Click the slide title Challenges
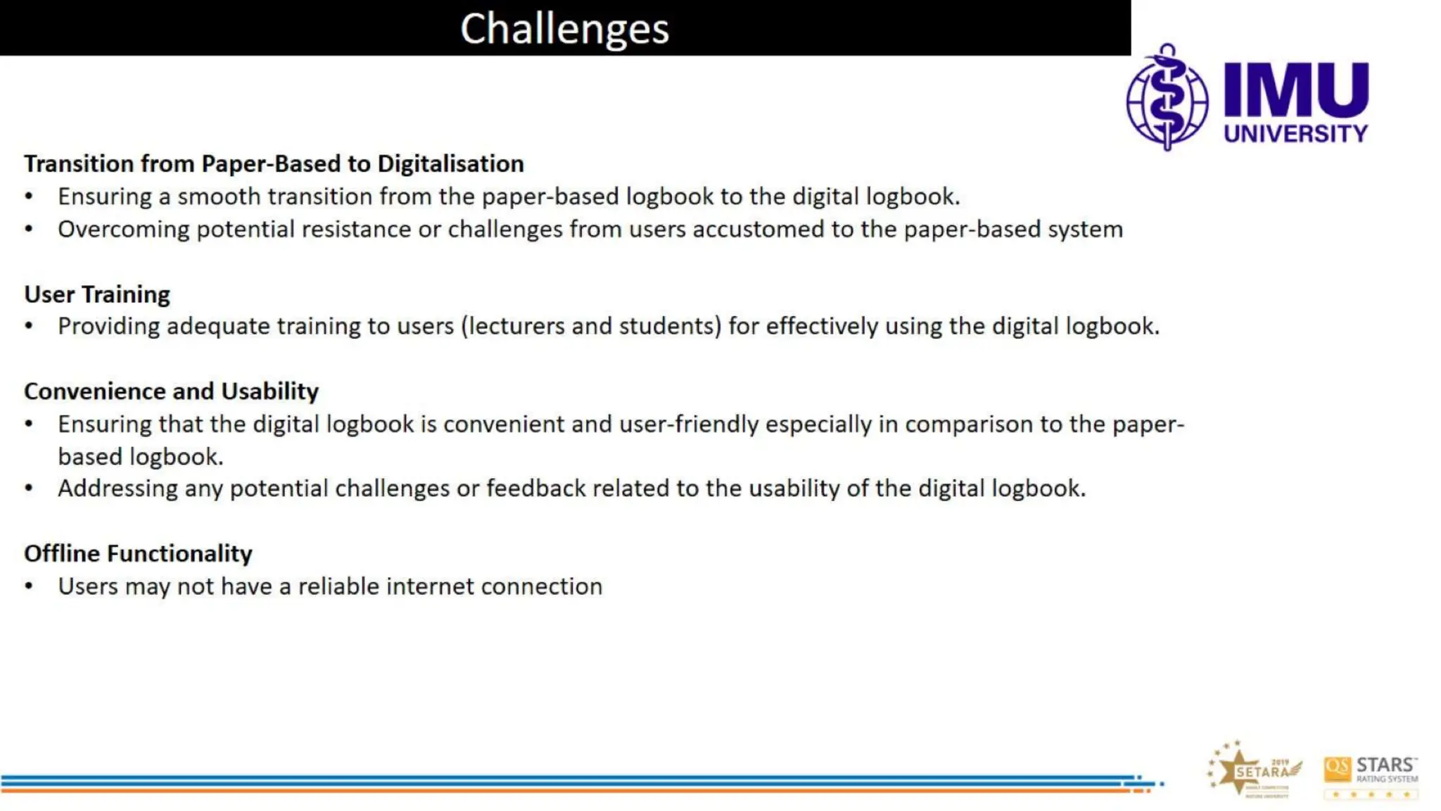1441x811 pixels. coord(564,29)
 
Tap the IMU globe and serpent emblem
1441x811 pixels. coord(1167,99)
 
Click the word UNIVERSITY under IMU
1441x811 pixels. coord(1295,134)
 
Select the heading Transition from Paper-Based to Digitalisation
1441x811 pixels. coord(274,163)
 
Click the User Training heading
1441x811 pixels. coord(97,294)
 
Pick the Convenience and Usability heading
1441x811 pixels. coord(171,391)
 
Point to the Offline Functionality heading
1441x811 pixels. coord(138,554)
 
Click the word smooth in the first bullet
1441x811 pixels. coord(218,196)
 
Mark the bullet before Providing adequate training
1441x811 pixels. coord(29,327)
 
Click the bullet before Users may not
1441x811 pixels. coord(29,586)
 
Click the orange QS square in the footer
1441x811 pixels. coord(1337,769)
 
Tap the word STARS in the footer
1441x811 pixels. coord(1385,765)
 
